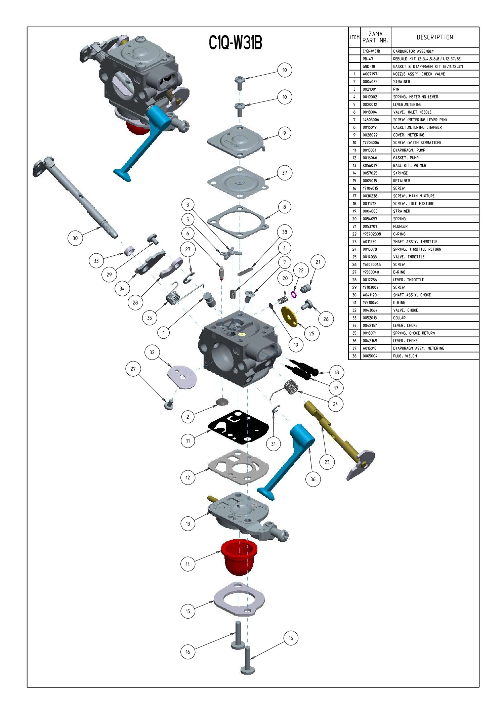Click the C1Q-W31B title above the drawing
coord(235,43)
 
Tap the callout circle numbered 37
coord(285,173)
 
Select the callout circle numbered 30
coord(75,238)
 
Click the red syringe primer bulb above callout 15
coord(239,556)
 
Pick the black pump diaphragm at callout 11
coord(239,427)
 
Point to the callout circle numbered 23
coord(327,462)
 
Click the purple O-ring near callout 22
coord(294,294)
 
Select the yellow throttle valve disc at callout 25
coord(289,316)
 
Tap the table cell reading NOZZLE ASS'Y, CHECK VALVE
coord(419,74)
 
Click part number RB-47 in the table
coord(368,59)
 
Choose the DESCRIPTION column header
coord(435,37)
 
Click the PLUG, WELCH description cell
coord(405,356)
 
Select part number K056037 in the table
coord(370,165)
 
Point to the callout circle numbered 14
coord(187,564)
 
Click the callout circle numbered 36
coord(313,479)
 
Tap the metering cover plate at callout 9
coord(237,141)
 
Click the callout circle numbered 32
coord(152,352)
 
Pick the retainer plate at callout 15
coord(239,599)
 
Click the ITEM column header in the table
coord(354,37)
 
